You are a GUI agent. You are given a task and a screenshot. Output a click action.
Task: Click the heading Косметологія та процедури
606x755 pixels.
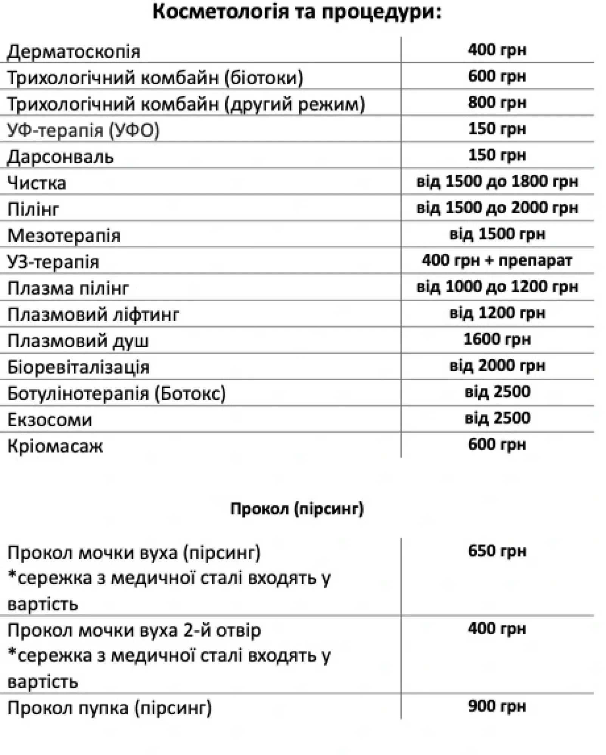[297, 12]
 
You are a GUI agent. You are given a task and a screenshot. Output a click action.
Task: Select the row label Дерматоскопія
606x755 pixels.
[74, 52]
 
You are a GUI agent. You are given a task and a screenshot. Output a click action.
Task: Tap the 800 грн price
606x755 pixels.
[497, 103]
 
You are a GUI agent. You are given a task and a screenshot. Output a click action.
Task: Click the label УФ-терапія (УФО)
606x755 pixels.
[83, 131]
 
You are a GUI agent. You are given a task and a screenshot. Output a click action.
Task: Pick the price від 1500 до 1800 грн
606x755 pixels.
[497, 182]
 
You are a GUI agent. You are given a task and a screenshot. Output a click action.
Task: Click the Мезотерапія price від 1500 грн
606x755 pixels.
[497, 234]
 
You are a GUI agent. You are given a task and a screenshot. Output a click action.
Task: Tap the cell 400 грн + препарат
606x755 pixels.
[497, 260]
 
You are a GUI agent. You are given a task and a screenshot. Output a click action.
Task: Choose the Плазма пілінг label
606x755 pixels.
[68, 289]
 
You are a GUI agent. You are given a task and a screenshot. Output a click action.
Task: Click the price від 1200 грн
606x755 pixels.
[497, 313]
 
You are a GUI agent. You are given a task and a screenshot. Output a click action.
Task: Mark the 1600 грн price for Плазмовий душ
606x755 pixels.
[497, 339]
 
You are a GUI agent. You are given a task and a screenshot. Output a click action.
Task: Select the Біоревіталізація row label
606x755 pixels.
[78, 367]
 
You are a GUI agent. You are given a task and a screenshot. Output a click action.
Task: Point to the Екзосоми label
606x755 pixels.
[50, 420]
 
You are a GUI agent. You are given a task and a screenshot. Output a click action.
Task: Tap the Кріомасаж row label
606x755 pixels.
[55, 447]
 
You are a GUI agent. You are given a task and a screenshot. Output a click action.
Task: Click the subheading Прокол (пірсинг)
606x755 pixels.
[297, 509]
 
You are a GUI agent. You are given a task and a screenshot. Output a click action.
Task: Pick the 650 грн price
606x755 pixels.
[497, 551]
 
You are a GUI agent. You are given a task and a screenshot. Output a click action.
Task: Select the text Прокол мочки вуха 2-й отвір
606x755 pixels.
[134, 631]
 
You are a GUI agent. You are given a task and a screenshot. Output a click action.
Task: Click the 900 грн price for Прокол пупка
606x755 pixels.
[497, 706]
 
